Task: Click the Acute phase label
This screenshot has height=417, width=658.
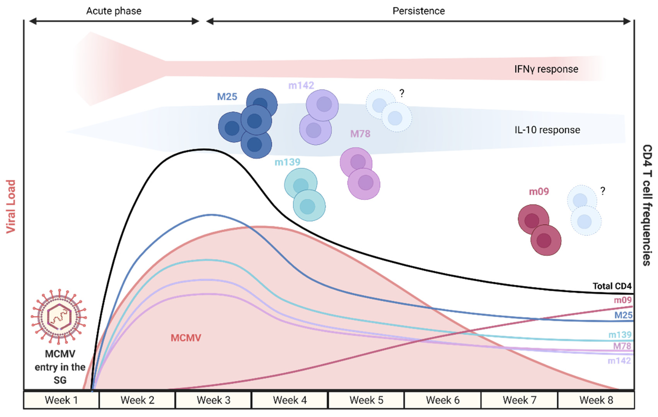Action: (x=114, y=11)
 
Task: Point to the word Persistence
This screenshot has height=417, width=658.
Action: (x=419, y=11)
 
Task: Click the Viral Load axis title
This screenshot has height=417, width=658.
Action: (x=11, y=206)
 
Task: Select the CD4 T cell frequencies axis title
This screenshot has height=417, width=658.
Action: (x=647, y=205)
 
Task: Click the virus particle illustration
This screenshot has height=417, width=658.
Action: (x=59, y=317)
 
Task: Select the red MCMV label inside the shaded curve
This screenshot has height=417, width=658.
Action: (x=186, y=338)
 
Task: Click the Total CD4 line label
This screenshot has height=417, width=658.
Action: (x=612, y=286)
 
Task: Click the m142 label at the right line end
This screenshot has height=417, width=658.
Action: (x=619, y=361)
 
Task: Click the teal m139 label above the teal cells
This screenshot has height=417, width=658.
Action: (x=287, y=162)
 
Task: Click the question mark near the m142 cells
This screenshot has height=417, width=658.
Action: (x=402, y=93)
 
